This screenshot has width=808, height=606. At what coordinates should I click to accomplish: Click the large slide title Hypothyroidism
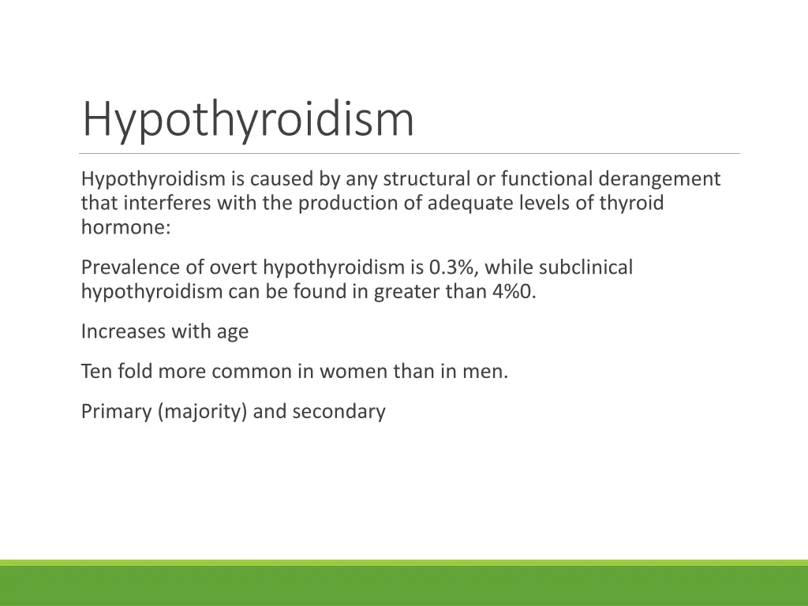[248, 120]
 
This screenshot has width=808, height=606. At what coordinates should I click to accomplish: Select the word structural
[427, 180]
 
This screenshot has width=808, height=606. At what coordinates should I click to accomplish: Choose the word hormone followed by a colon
[125, 227]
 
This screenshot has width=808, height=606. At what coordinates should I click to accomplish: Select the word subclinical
[585, 268]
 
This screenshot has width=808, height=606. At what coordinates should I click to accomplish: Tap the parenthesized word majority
[203, 412]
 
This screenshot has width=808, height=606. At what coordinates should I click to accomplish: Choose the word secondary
[339, 412]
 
